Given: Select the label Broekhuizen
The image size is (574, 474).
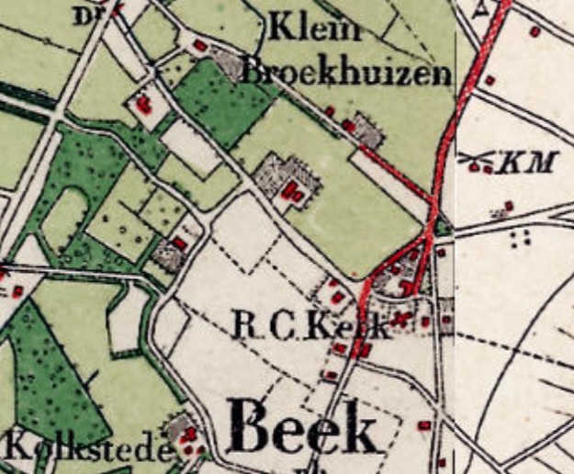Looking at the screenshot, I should pos(347,72).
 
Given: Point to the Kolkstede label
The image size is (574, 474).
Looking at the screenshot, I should pos(88,450).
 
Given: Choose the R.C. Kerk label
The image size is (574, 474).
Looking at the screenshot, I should pos(308,325).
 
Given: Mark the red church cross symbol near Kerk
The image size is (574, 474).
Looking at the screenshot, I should pos(400,320).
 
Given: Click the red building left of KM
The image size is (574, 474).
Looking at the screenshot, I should pos(478,167).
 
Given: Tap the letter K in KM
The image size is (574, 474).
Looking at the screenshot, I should pos(511,164).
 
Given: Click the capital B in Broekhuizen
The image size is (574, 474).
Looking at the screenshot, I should pos(253,71).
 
